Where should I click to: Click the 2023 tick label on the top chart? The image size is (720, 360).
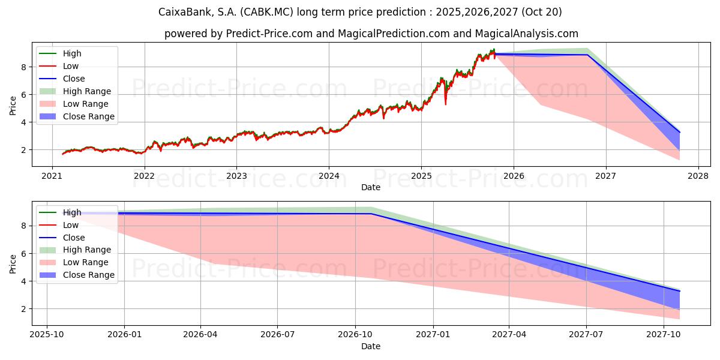[x=236, y=176]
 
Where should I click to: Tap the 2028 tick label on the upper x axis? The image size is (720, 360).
[x=698, y=176]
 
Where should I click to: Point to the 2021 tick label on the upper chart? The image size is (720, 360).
[x=52, y=176]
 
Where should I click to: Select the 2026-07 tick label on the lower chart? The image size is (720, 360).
[x=277, y=335]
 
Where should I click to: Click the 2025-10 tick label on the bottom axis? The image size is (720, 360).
[x=47, y=335]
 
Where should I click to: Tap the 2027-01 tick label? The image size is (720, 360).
[x=432, y=335]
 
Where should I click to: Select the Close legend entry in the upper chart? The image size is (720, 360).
[x=74, y=79]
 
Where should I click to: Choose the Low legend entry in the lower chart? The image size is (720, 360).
[x=71, y=225]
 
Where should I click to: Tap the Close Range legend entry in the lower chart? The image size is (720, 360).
[x=88, y=275]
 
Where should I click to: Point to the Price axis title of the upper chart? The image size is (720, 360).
[x=13, y=105]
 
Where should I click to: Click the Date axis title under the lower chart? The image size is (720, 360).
[x=371, y=346]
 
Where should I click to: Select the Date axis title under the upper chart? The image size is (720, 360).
[x=371, y=187]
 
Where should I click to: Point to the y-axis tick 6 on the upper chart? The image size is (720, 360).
[x=25, y=94]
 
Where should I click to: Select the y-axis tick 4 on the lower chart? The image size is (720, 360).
[x=25, y=281]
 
